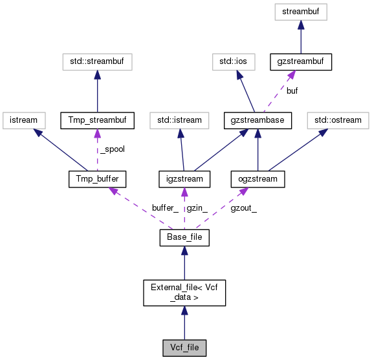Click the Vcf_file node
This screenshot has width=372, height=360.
[184, 348]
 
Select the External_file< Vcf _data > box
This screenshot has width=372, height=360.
[184, 292]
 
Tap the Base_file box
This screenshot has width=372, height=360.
[184, 238]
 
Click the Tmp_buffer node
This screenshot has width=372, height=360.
[96, 179]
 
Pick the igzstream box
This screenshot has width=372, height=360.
[184, 179]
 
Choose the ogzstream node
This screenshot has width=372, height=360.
[258, 179]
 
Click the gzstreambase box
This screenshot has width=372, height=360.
[258, 120]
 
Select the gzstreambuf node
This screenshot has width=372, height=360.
[300, 62]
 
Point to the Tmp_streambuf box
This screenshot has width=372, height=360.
[96, 120]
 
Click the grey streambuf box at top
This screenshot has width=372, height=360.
[300, 11]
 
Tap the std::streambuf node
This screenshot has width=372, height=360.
[96, 62]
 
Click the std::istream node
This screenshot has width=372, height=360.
[179, 120]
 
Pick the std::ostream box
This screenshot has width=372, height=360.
[336, 120]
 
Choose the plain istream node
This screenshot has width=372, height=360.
[23, 120]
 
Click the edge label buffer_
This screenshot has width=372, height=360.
[165, 208]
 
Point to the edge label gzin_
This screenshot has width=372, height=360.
[197, 208]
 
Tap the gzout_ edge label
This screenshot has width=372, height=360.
[244, 208]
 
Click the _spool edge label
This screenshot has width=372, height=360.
[112, 149]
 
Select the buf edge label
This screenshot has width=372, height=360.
[292, 91]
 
